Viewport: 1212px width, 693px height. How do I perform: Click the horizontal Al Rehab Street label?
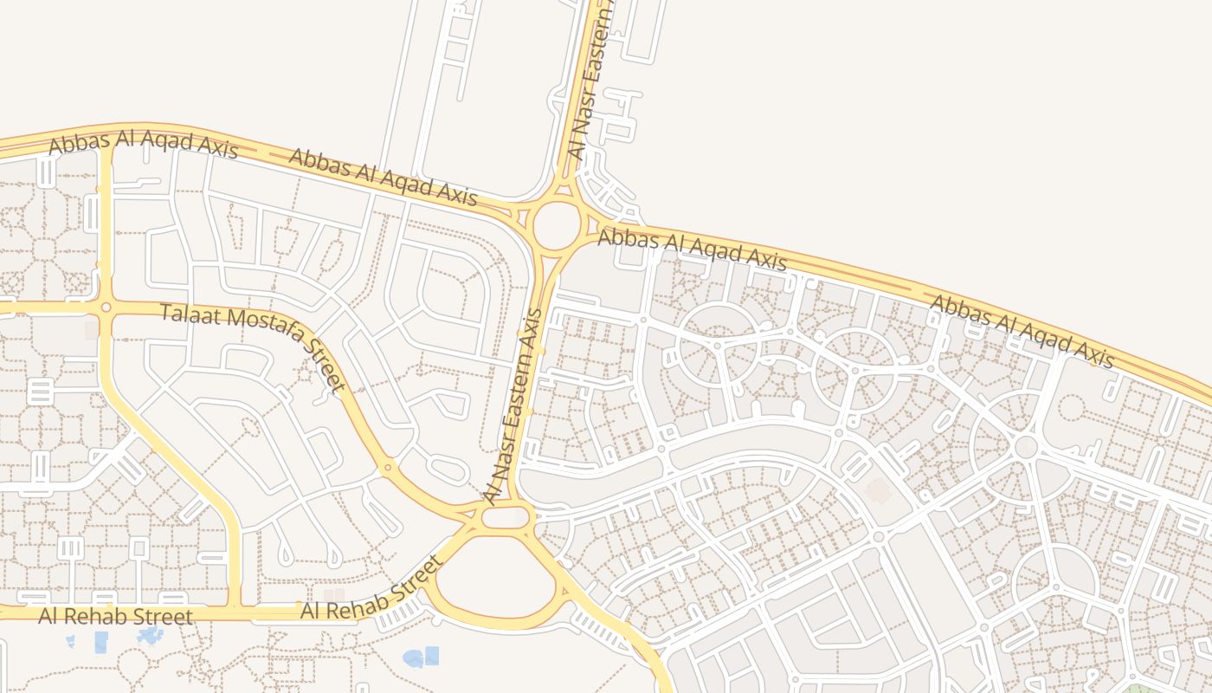pos(115,617)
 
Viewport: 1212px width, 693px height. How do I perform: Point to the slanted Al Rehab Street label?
pos(371,590)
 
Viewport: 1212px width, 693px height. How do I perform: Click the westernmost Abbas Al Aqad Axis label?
pos(143,145)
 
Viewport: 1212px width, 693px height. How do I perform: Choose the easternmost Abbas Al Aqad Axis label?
pos(1022,331)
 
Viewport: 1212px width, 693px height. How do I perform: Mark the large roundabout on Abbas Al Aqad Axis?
pos(556,225)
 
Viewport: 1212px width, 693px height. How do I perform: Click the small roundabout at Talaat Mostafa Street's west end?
pos(106,307)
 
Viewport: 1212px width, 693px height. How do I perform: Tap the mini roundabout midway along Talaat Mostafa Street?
pos(387,468)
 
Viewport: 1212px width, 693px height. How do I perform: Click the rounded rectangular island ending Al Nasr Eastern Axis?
pos(504,518)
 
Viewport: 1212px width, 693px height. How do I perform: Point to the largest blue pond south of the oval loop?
pos(421,657)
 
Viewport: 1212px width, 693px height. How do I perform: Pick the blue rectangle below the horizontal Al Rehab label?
pos(101,642)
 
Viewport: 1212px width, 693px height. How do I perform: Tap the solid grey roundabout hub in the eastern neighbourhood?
pos(1026,447)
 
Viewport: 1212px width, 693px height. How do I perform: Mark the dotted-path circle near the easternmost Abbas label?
pos(1073,407)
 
